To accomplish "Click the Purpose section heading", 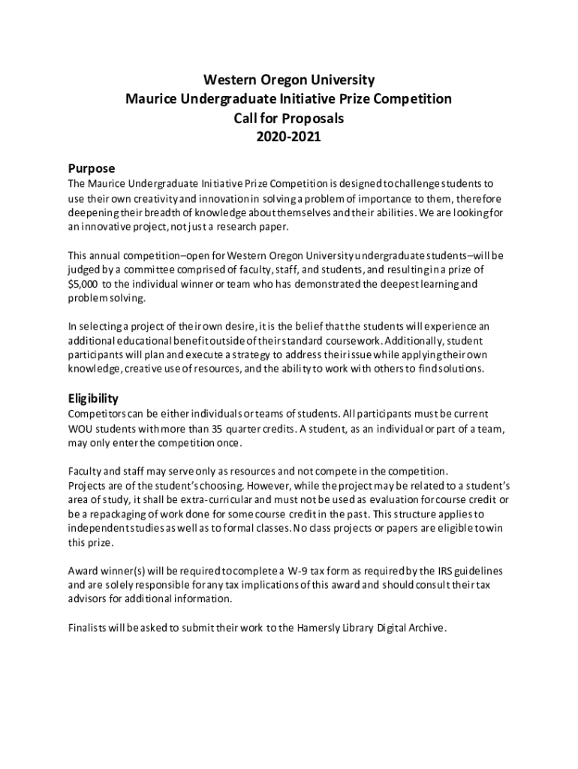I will (91, 168).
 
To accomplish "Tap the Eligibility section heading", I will (93, 398).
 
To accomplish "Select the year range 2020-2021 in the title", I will (289, 137).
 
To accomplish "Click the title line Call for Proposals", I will (289, 118).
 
